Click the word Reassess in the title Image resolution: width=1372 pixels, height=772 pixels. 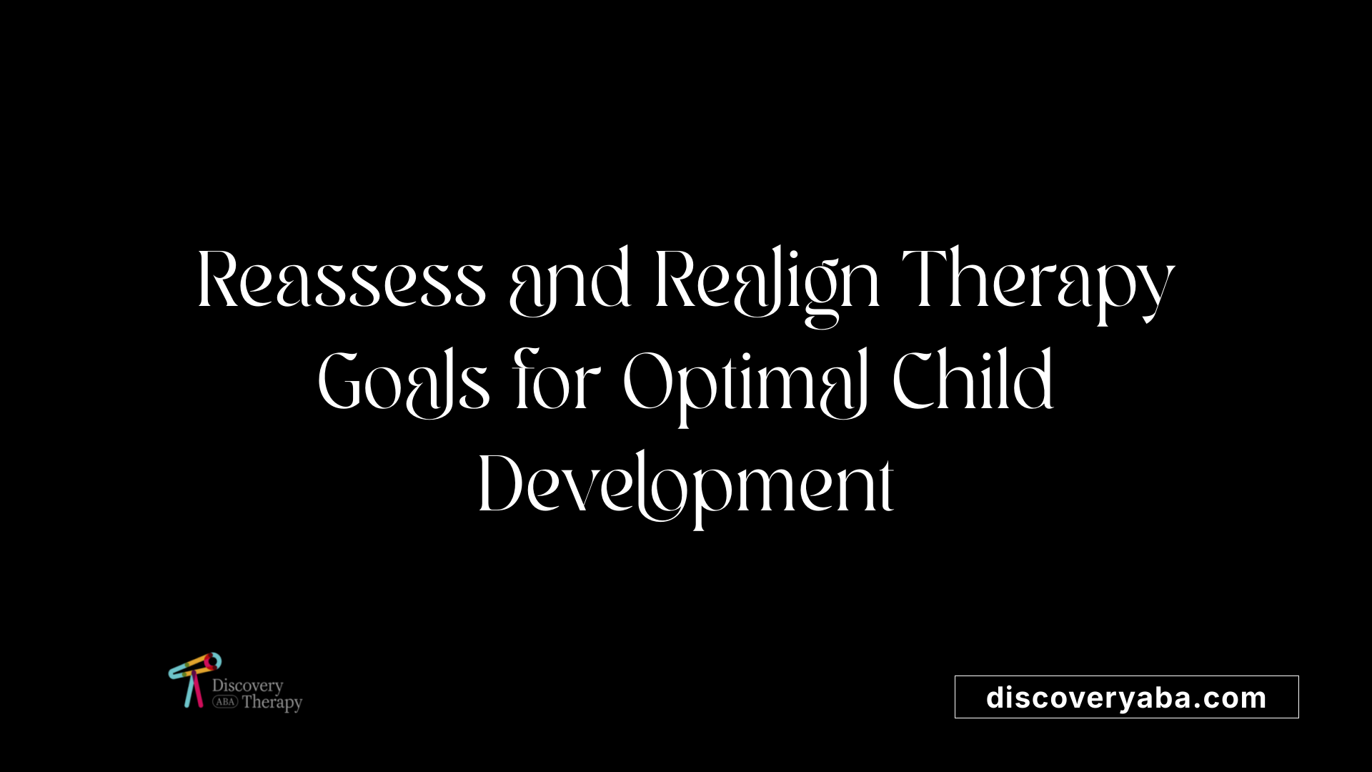click(x=342, y=279)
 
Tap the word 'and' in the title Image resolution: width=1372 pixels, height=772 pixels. click(x=570, y=281)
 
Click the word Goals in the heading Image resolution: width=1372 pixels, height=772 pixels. click(x=404, y=382)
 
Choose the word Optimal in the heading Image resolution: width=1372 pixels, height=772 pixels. click(x=746, y=387)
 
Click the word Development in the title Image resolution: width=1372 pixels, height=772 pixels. click(x=686, y=489)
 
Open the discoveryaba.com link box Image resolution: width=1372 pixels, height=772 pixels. click(x=1126, y=697)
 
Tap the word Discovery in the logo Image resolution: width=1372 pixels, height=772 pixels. click(x=247, y=686)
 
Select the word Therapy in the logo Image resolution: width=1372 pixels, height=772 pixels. click(x=272, y=703)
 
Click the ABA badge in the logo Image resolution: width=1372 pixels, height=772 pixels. click(x=225, y=702)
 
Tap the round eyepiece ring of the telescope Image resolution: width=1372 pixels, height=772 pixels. click(x=212, y=662)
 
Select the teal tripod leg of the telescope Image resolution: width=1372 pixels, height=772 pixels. click(x=189, y=691)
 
